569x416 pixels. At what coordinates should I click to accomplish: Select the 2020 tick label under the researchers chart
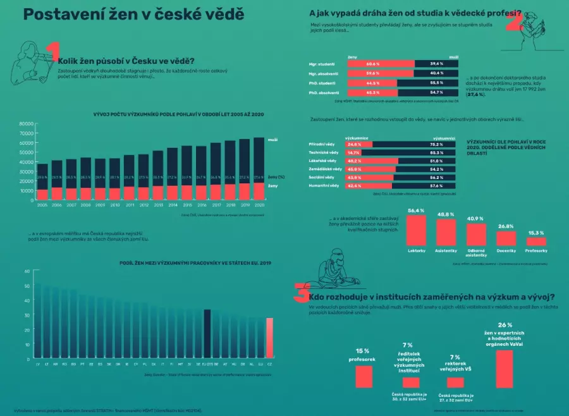258,205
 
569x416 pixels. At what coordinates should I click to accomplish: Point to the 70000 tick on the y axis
26,133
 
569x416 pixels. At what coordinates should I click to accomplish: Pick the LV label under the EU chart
39,365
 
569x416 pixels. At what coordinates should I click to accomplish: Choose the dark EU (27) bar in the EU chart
207,334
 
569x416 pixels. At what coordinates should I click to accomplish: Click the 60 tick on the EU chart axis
27,271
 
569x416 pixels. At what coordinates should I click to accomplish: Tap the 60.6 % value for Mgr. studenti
373,64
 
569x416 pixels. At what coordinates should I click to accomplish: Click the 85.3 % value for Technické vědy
437,152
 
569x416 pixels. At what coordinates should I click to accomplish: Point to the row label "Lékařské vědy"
322,161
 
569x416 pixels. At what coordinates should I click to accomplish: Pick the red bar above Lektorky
415,230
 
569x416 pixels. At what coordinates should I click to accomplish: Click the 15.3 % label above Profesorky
535,232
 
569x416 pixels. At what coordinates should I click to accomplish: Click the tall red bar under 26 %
504,369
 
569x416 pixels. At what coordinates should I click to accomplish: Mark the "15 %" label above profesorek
363,350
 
